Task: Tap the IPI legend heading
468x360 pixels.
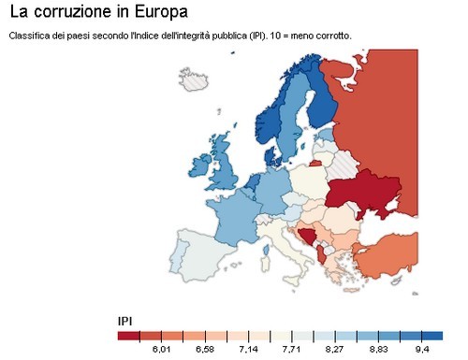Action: tap(124, 321)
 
